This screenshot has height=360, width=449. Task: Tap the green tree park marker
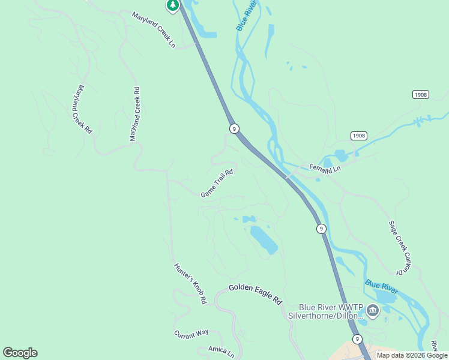(x=173, y=5)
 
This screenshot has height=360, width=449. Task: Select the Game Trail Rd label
(x=216, y=184)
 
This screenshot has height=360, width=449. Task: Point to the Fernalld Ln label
(x=325, y=169)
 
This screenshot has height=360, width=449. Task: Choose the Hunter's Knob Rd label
(x=190, y=283)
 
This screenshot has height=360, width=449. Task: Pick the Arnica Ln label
(x=221, y=351)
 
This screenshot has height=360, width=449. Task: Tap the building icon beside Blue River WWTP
(x=373, y=311)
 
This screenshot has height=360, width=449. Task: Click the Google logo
(x=20, y=353)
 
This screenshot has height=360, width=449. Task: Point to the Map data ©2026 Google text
(x=412, y=355)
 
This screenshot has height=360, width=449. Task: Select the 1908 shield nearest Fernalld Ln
(x=359, y=136)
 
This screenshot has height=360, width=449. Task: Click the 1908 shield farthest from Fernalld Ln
(x=421, y=95)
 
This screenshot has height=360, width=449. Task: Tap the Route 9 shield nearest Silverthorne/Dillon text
(x=357, y=339)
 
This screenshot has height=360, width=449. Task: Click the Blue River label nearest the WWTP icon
(x=381, y=286)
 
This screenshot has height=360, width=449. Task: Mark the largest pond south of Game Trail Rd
(x=263, y=239)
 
